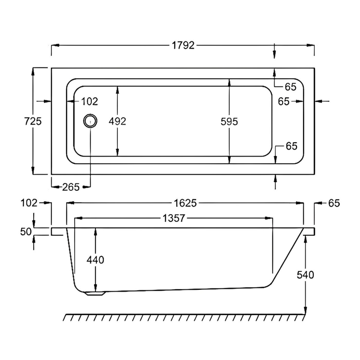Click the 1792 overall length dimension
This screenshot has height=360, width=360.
tap(183, 45)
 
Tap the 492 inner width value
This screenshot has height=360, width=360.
tap(117, 121)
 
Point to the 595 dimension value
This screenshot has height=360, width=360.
tap(229, 121)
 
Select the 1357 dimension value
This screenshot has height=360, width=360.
tap(173, 219)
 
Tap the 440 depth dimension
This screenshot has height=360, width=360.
tap(95, 260)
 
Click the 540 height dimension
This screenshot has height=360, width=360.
tap(306, 274)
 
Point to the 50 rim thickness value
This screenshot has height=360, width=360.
tap(26, 232)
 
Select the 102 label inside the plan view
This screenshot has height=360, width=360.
tap(90, 102)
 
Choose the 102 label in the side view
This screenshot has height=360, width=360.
tap(29, 203)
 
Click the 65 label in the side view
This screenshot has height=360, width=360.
tap(333, 203)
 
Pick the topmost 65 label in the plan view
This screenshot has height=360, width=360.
tap(291, 86)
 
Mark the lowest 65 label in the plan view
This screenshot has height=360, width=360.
tap(291, 146)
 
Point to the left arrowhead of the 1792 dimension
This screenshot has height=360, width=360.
tap(54, 45)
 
